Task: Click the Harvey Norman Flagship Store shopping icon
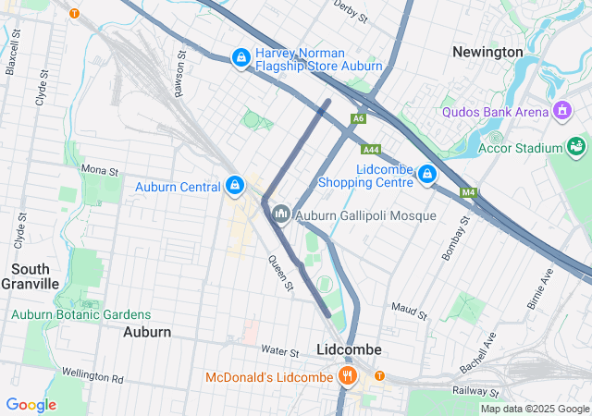(240, 58)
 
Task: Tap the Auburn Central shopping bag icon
(235, 186)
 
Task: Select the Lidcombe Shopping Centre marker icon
(426, 174)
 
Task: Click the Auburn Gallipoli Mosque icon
(281, 214)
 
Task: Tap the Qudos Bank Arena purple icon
(561, 112)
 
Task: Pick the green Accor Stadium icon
(576, 147)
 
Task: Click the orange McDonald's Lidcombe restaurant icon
(348, 376)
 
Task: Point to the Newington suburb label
(487, 53)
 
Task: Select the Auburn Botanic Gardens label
(80, 314)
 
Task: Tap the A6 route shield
(358, 118)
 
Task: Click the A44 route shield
(371, 149)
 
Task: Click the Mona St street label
(100, 170)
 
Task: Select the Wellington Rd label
(92, 378)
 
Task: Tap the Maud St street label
(409, 310)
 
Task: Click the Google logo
(31, 405)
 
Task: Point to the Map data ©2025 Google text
(534, 409)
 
